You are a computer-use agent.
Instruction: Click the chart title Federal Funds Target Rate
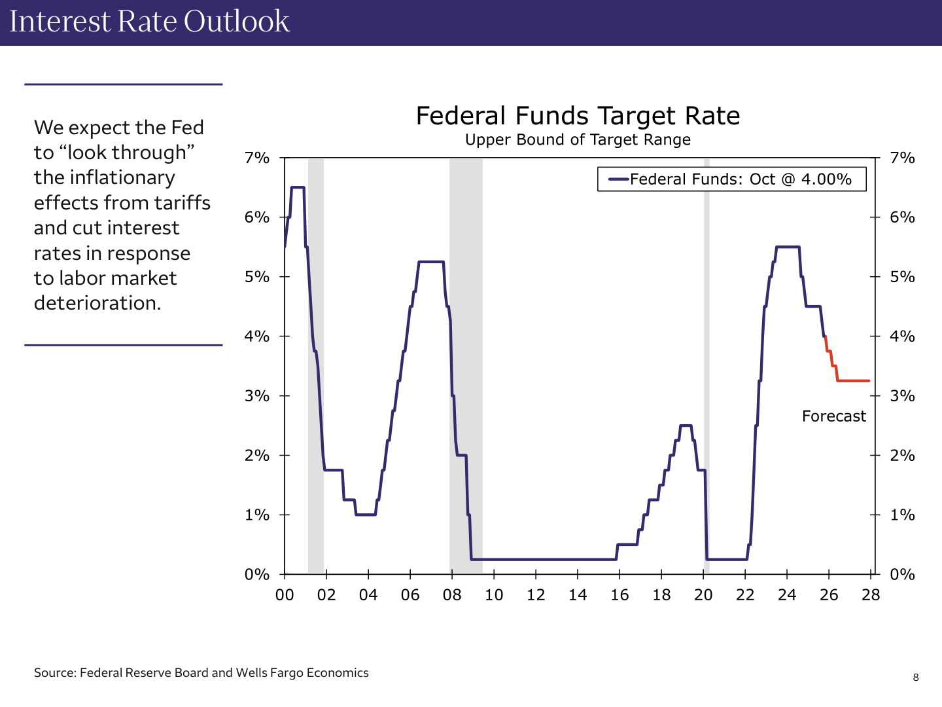[578, 116]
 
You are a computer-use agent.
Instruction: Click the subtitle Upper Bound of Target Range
[578, 139]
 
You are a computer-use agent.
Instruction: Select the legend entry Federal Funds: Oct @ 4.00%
[740, 179]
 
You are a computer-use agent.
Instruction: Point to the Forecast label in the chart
[833, 416]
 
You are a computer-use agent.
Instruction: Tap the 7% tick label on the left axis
[257, 158]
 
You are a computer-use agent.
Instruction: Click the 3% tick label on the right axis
[902, 395]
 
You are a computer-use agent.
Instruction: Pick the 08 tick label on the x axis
[452, 595]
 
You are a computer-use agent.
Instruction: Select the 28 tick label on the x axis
[871, 595]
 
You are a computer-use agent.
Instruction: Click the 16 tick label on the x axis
[619, 595]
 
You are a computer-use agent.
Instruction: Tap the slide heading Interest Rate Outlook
[150, 22]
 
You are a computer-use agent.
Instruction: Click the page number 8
[915, 678]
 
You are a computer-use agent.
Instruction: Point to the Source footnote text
[201, 673]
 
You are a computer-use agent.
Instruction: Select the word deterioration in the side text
[97, 303]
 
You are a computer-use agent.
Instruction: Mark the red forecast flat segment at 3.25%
[854, 380]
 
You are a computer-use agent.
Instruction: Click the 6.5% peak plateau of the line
[298, 187]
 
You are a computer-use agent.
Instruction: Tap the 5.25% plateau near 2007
[430, 262]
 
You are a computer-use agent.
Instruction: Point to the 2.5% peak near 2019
[686, 426]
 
